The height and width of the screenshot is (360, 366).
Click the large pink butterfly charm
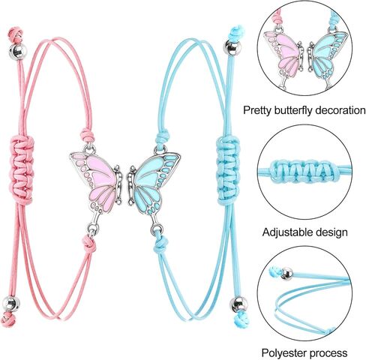click(96, 185)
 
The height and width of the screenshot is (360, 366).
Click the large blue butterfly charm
click(153, 186)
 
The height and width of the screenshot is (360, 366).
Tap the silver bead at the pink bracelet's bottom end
click(11, 304)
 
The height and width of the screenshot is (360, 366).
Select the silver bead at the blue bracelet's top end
click(232, 46)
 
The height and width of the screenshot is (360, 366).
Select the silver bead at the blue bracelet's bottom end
click(238, 304)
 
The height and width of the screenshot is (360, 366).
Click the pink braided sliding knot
click(22, 169)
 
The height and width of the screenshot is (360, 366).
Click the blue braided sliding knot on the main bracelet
click(228, 170)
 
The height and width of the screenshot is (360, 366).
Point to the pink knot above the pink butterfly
click(87, 136)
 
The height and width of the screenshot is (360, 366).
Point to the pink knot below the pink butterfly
click(89, 243)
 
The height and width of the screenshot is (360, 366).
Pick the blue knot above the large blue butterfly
click(162, 137)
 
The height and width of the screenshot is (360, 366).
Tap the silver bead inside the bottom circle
click(286, 274)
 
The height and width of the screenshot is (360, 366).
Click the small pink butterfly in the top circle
click(283, 54)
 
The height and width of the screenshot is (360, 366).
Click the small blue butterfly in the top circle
click(327, 55)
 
